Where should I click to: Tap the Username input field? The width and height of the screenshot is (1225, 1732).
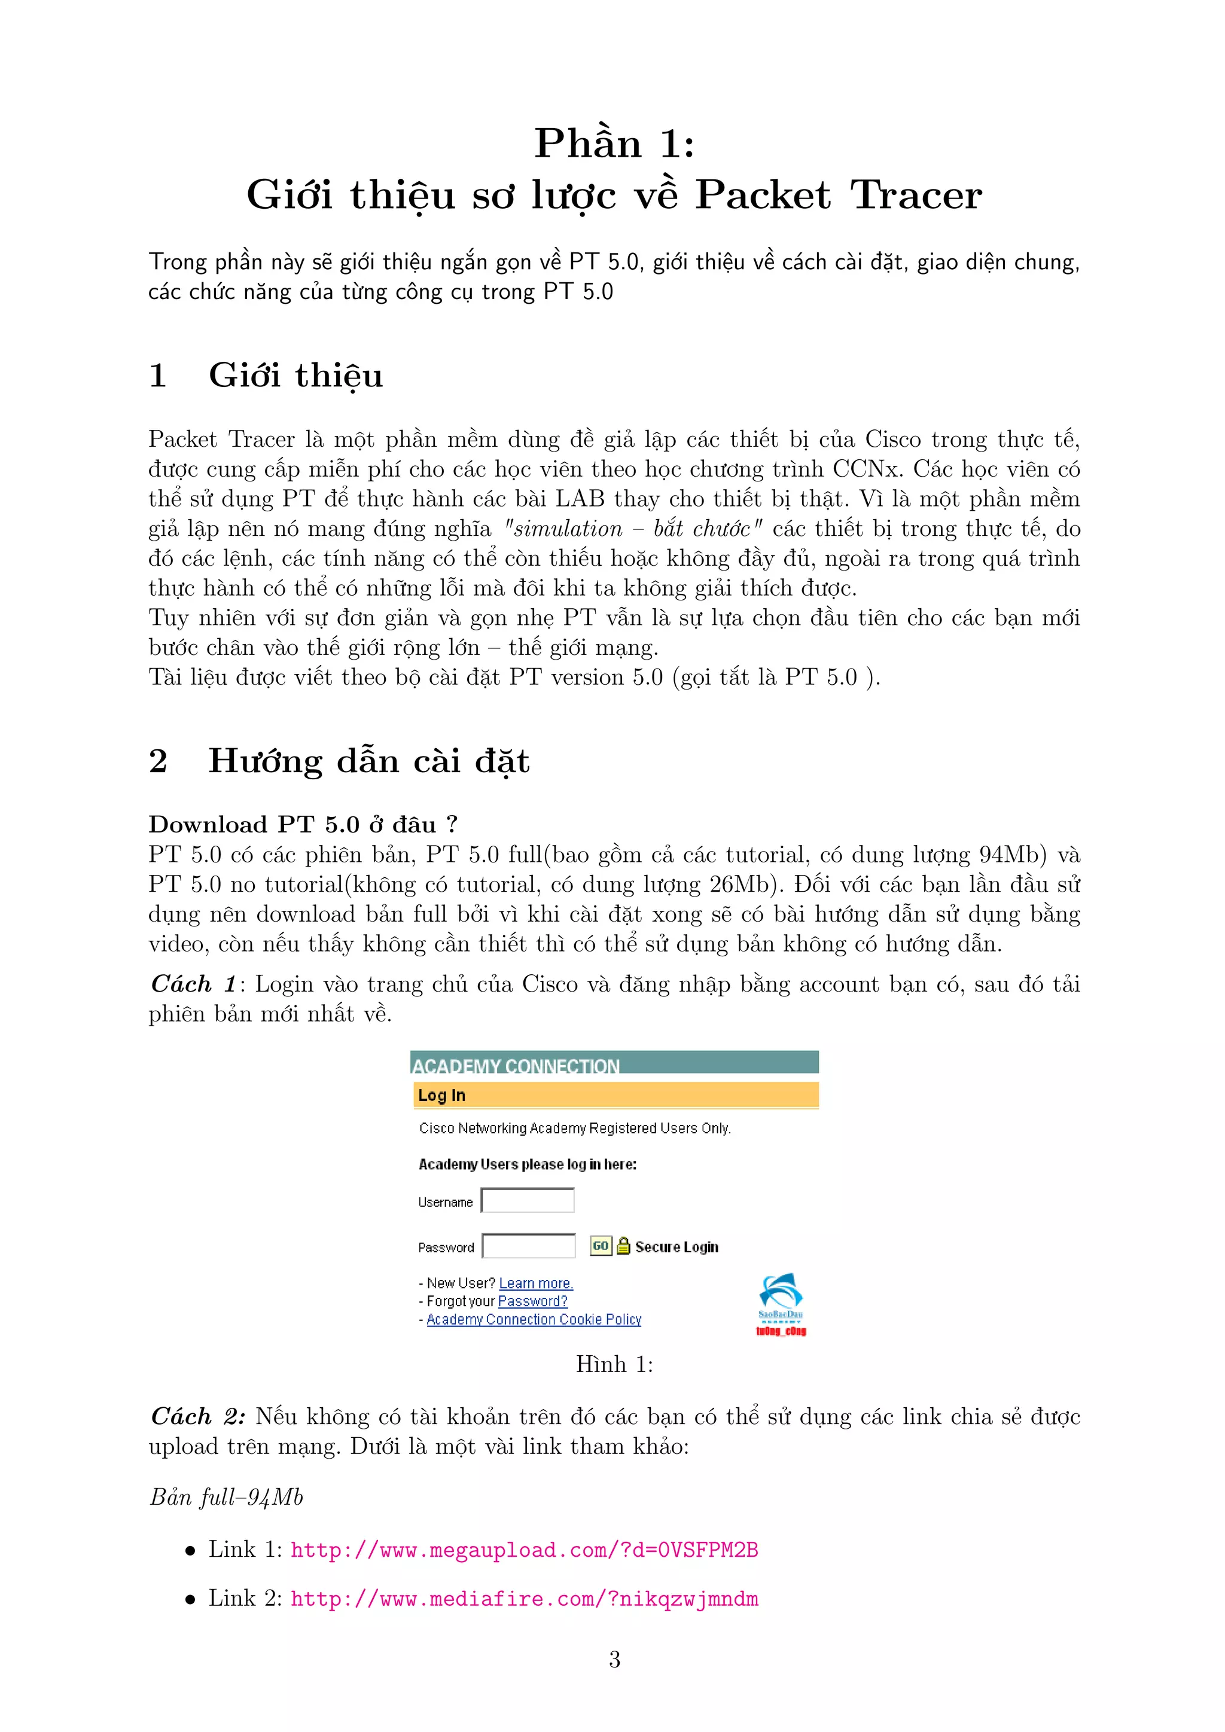click(528, 1200)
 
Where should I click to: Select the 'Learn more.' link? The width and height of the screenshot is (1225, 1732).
click(535, 1283)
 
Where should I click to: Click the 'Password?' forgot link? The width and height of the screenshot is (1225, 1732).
click(532, 1301)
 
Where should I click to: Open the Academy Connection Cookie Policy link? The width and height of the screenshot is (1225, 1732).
click(534, 1319)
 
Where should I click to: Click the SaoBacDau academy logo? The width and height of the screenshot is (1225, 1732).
click(781, 1304)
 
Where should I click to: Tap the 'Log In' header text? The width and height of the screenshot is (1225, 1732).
click(442, 1095)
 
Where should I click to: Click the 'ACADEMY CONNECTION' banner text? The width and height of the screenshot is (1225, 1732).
click(516, 1065)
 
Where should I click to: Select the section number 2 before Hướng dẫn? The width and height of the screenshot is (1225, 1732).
click(158, 761)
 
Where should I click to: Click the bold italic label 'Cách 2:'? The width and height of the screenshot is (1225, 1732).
click(197, 1417)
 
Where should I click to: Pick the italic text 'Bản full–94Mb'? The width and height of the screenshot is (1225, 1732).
click(226, 1498)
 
